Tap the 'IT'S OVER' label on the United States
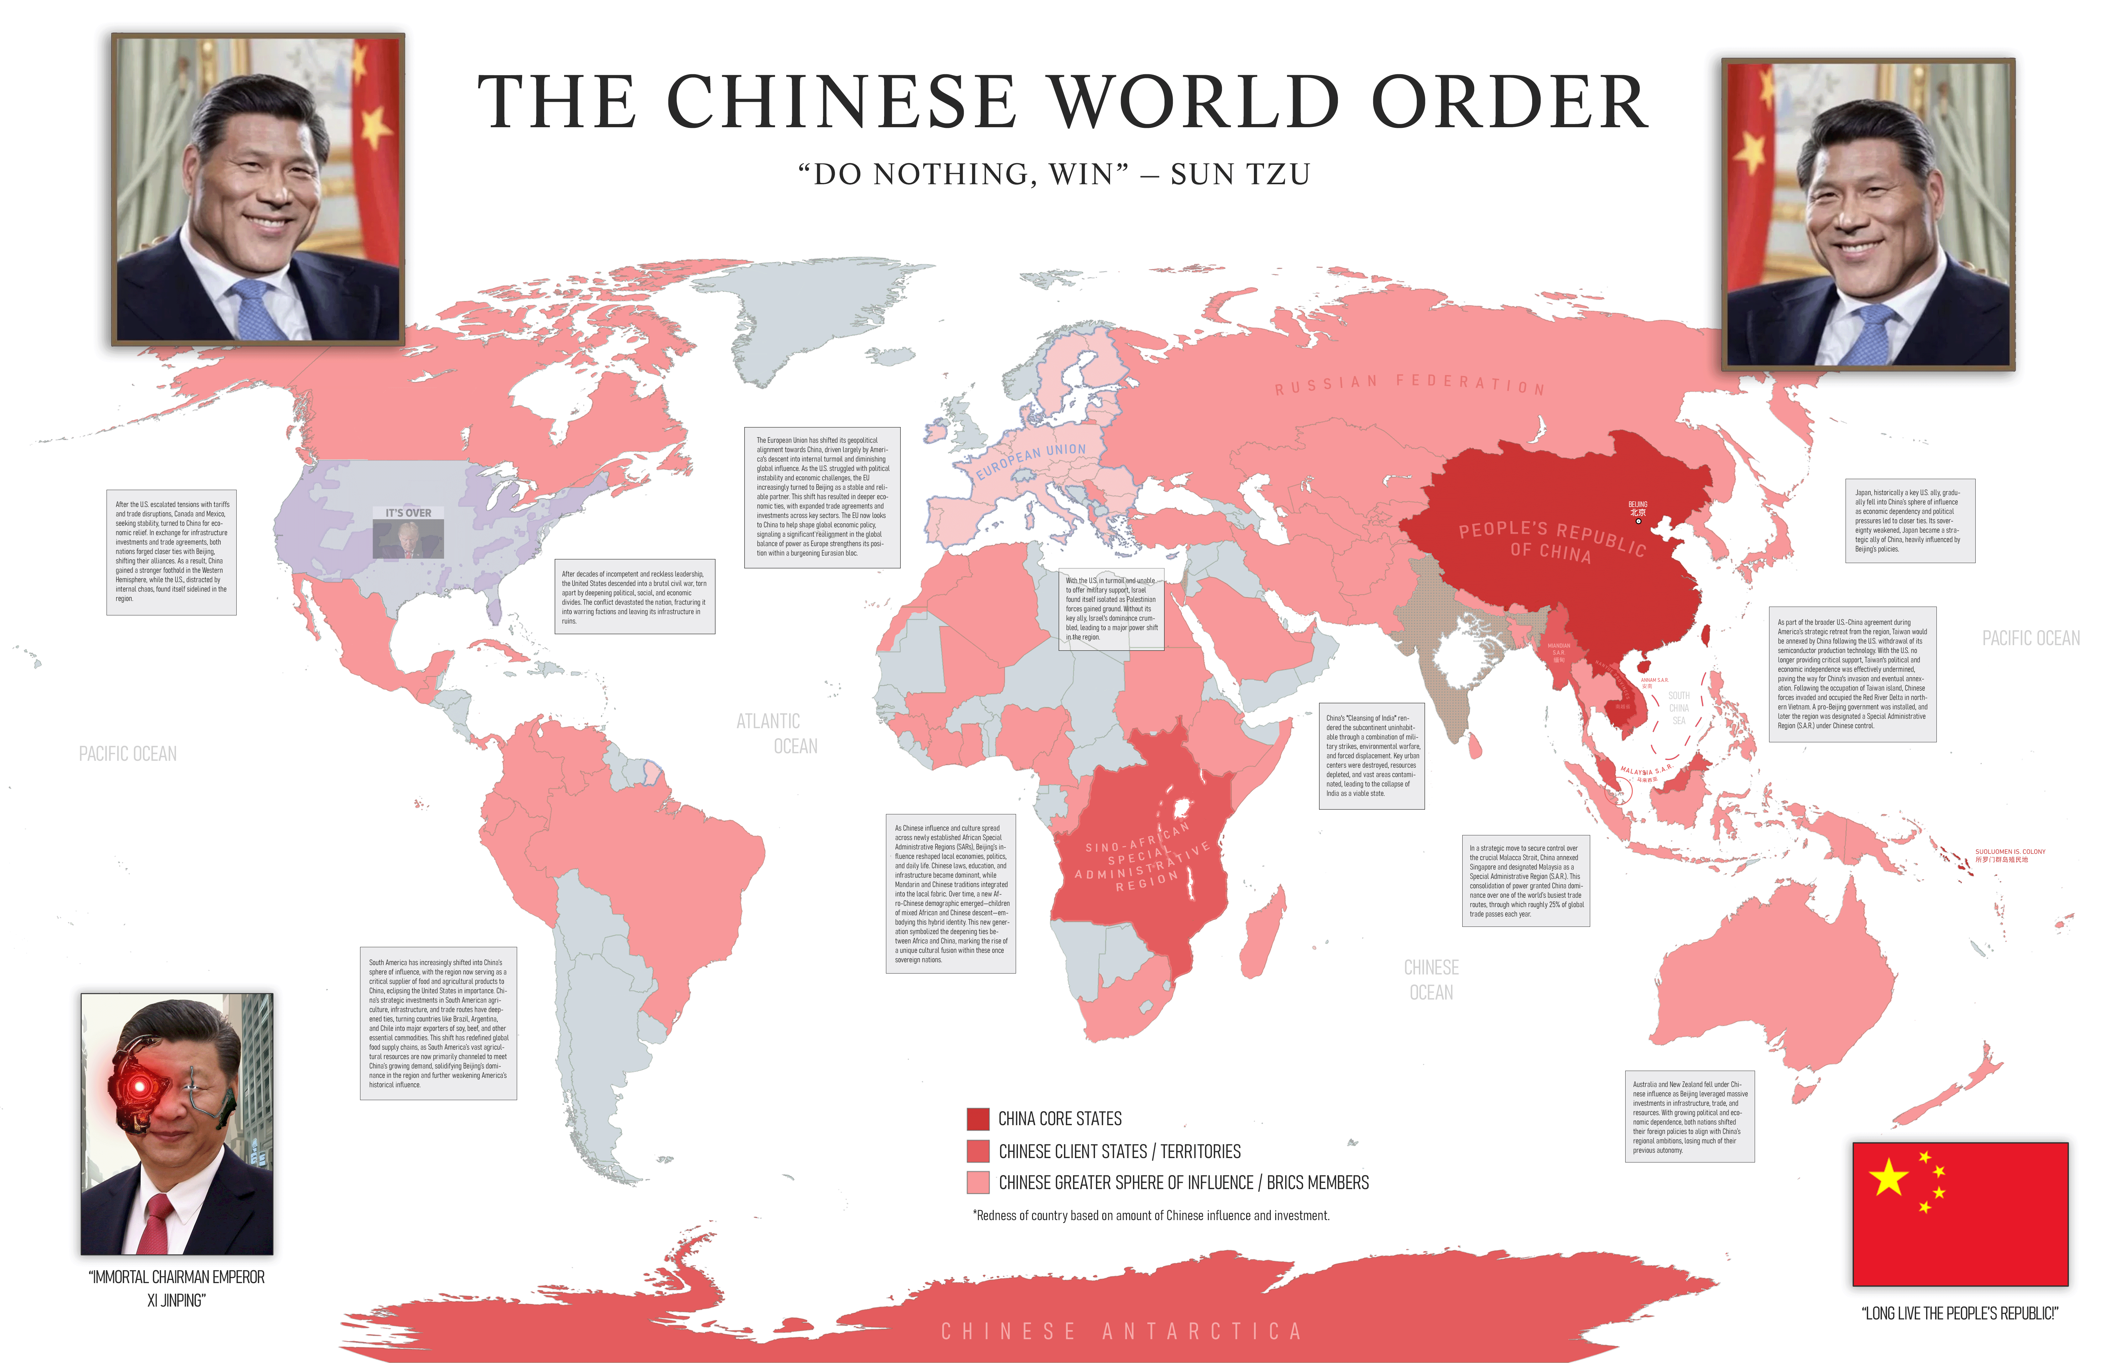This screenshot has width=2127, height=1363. coord(408,512)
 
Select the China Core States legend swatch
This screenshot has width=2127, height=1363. coord(977,1119)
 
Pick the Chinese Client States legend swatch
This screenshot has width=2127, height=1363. coord(977,1151)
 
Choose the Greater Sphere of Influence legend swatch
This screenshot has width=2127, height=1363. coord(977,1183)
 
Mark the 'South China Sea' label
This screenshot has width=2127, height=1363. coord(1678,708)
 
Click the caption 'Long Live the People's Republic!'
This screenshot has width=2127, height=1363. coord(1960,1313)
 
